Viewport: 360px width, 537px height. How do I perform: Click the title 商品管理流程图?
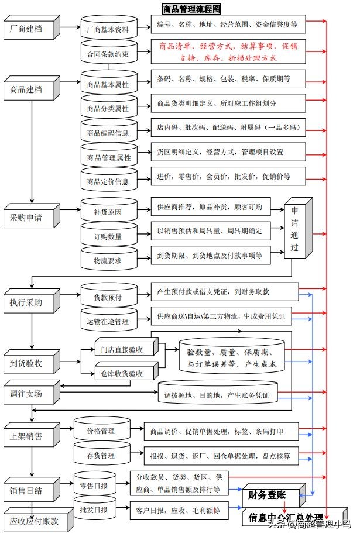(x=191, y=9)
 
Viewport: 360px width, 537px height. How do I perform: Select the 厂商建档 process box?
(x=30, y=29)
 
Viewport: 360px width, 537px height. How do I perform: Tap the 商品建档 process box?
(x=30, y=89)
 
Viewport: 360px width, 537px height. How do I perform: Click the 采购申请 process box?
(x=30, y=218)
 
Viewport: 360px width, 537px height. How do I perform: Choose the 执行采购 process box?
(x=30, y=302)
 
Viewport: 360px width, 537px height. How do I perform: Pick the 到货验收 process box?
(x=30, y=362)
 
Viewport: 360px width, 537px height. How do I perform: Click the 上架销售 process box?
(x=30, y=436)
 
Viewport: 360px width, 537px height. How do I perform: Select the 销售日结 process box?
(x=30, y=490)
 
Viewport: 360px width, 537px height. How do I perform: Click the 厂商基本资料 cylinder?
(x=108, y=29)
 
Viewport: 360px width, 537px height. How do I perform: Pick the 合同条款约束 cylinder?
(x=108, y=54)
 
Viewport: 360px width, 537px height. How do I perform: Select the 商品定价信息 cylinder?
(x=108, y=181)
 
